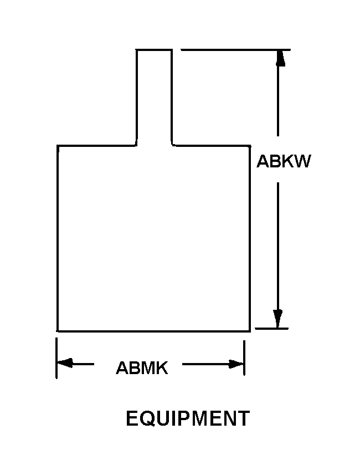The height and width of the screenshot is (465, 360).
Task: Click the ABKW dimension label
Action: point(284,161)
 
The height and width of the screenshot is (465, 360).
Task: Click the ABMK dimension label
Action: point(142,367)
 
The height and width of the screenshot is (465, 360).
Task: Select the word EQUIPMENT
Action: point(188,418)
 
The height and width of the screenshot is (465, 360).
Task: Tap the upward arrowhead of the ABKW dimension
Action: point(280,58)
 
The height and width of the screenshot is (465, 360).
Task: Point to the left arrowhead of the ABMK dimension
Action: point(65,362)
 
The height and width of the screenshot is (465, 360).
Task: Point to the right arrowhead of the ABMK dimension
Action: point(235,364)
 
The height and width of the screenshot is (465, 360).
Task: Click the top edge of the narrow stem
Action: point(154,50)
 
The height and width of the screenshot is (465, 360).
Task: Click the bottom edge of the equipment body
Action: point(153,331)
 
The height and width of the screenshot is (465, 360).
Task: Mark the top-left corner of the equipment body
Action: point(58,146)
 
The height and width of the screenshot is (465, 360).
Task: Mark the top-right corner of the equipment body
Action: point(250,146)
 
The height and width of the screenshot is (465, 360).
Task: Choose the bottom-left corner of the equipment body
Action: point(57,331)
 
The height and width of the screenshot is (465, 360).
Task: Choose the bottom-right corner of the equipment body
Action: point(250,331)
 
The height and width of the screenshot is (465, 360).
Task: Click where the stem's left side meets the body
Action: point(136,145)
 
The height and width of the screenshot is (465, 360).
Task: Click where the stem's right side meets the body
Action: point(172,145)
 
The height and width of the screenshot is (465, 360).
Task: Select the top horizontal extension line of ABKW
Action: point(235,50)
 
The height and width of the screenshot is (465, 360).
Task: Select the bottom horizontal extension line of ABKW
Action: point(272,329)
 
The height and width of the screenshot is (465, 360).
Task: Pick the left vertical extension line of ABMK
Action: point(56,358)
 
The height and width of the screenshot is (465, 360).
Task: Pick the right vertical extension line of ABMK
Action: point(244,358)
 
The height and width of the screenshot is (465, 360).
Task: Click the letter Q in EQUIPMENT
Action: point(147,419)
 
